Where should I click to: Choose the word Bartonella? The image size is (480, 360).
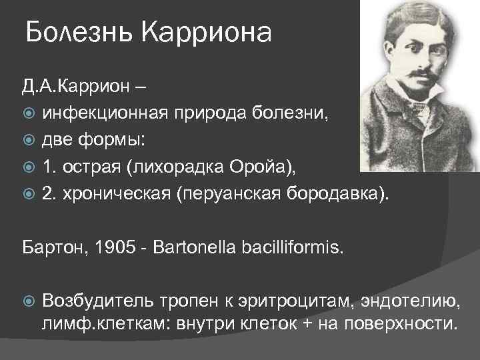pyautogui.click(x=184, y=248)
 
